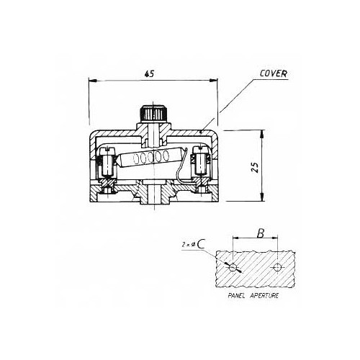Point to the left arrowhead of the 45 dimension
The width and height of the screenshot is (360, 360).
[x=91, y=81]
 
